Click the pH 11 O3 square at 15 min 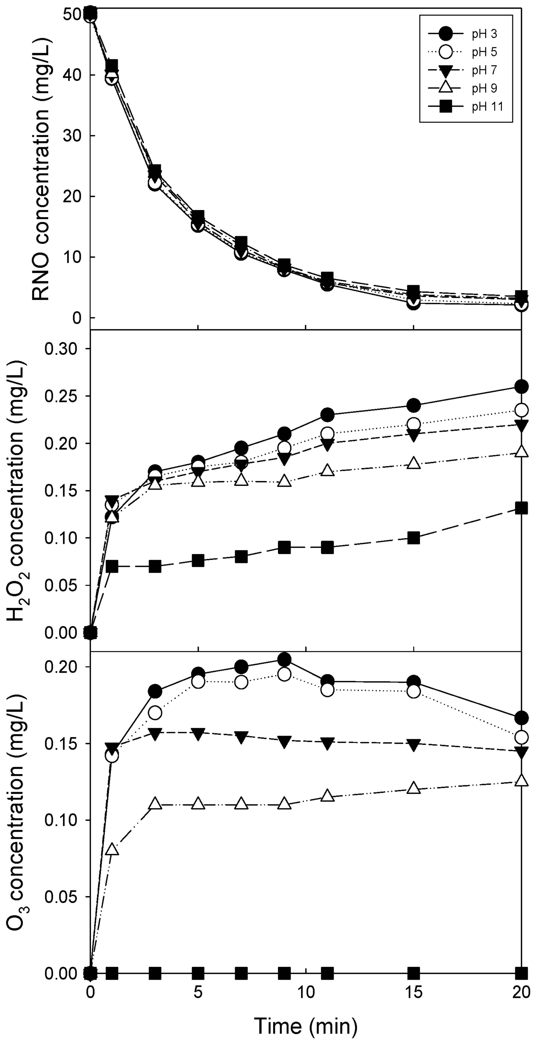click(x=414, y=973)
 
